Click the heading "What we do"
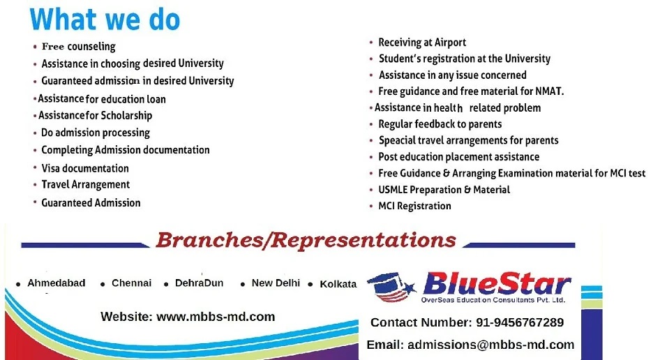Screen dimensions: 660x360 click(x=105, y=20)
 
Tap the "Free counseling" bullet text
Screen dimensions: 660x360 click(x=79, y=46)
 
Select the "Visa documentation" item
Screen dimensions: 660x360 click(x=85, y=168)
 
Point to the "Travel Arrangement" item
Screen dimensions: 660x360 click(x=85, y=184)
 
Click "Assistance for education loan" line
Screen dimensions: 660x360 click(x=102, y=99)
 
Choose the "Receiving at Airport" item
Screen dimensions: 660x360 click(x=422, y=42)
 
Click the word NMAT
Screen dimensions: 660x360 click(x=549, y=91)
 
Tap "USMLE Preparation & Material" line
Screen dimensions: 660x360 click(x=444, y=190)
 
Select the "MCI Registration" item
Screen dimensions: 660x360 click(x=414, y=206)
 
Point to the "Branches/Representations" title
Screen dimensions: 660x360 click(x=306, y=241)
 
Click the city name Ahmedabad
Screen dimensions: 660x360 click(x=57, y=283)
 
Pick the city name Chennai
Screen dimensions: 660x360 click(x=131, y=283)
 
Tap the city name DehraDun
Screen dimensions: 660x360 click(x=199, y=283)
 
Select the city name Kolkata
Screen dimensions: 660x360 click(x=338, y=284)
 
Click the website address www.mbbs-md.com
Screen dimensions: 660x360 click(x=216, y=317)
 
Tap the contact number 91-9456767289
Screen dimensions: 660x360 click(x=520, y=322)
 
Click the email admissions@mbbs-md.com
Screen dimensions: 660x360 click(x=490, y=345)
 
